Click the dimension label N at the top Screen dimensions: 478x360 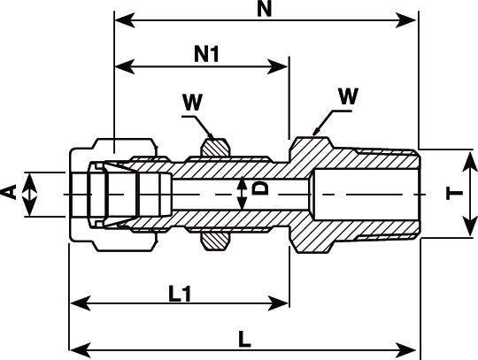pos(264,9)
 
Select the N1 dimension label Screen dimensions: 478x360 pos(206,55)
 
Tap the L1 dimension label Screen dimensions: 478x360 pos(180,294)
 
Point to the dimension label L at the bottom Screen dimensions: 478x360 pos(244,339)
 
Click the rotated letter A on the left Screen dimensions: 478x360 pos(9,193)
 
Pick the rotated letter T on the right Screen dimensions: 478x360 pos(454,194)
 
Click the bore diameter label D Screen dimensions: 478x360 pos(260,188)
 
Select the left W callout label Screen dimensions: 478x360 pos(193,103)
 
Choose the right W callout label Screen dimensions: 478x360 pos(348,96)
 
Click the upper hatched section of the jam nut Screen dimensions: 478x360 pos(214,148)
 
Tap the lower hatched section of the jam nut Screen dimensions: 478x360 pos(214,241)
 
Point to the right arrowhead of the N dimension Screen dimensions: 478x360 pos(405,20)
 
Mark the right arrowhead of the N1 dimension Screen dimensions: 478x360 pos(277,66)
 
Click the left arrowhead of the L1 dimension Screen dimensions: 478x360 pos(81,303)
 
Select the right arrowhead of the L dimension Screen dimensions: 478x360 pos(405,350)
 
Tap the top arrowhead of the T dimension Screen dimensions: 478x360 pos(470,162)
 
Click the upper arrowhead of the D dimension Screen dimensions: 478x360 pos(242,184)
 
